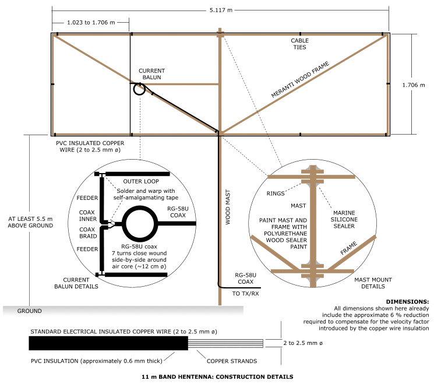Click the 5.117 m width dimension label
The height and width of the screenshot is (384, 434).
coord(220,9)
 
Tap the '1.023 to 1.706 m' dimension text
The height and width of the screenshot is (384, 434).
coord(90,23)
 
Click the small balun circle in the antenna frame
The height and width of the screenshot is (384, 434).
coord(139,89)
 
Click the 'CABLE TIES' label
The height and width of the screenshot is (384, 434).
coord(299,44)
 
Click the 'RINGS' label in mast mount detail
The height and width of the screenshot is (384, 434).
coord(276,193)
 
